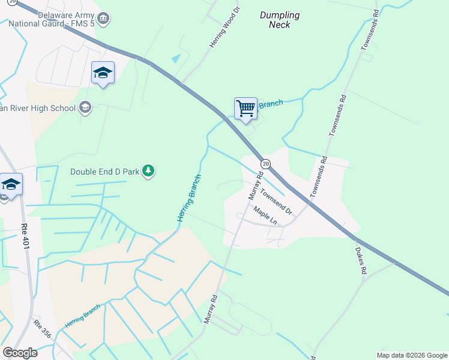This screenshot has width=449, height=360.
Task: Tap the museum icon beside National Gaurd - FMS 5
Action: [104, 19]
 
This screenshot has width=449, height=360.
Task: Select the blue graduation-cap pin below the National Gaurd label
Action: [103, 73]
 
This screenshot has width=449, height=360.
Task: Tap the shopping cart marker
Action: [246, 109]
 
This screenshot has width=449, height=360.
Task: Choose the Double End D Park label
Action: [105, 172]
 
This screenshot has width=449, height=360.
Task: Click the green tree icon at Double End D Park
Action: [148, 172]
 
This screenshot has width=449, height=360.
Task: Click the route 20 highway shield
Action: [264, 164]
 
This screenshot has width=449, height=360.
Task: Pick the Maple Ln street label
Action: [265, 215]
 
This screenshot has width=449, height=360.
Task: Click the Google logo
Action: [20, 353]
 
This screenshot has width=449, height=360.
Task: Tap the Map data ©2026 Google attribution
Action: [411, 355]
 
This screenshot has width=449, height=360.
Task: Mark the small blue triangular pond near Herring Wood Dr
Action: [175, 59]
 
